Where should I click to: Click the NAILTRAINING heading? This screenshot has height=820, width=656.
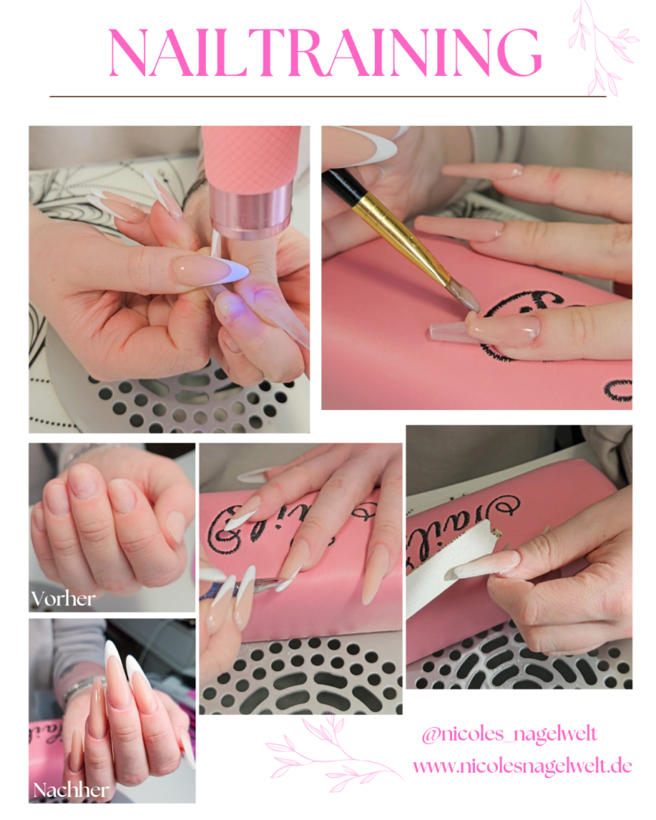pos(325,52)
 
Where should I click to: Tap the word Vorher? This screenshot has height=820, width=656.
pos(63,599)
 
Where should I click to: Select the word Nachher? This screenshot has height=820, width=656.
pos(71,790)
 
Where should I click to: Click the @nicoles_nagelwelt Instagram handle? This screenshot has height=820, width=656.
pos(509,734)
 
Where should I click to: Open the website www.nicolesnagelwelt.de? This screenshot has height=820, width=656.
pos(522,766)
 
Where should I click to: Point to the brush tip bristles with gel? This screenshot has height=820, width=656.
pos(464,295)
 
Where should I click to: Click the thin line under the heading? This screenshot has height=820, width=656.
pos(328,96)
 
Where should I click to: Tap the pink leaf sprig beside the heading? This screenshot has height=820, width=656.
pos(602,48)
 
